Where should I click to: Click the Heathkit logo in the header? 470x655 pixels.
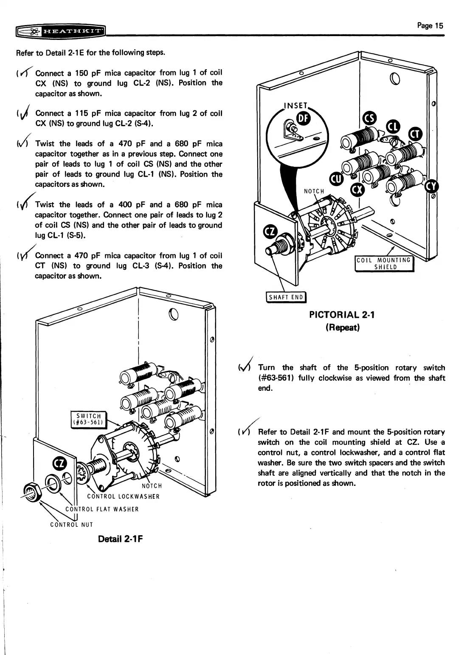[x=60, y=31]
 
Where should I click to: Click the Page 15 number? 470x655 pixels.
[x=430, y=25]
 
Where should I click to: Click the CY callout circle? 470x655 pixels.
[x=432, y=186]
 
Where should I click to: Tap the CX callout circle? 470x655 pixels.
[x=357, y=188]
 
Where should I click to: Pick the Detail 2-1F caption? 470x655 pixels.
[x=120, y=539]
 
